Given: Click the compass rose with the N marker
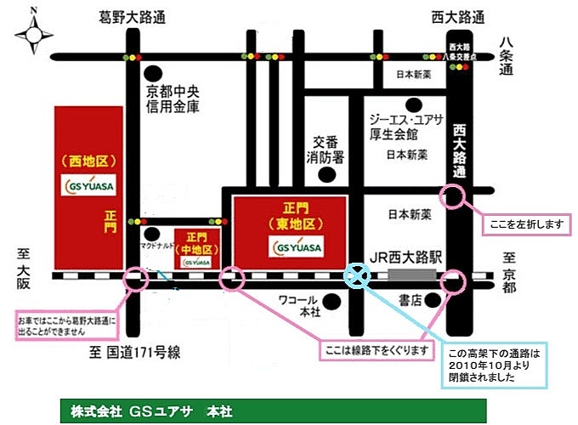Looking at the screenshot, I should [x=33, y=34].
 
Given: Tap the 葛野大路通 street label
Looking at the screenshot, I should [x=132, y=16].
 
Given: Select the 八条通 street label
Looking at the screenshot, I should [x=507, y=58].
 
